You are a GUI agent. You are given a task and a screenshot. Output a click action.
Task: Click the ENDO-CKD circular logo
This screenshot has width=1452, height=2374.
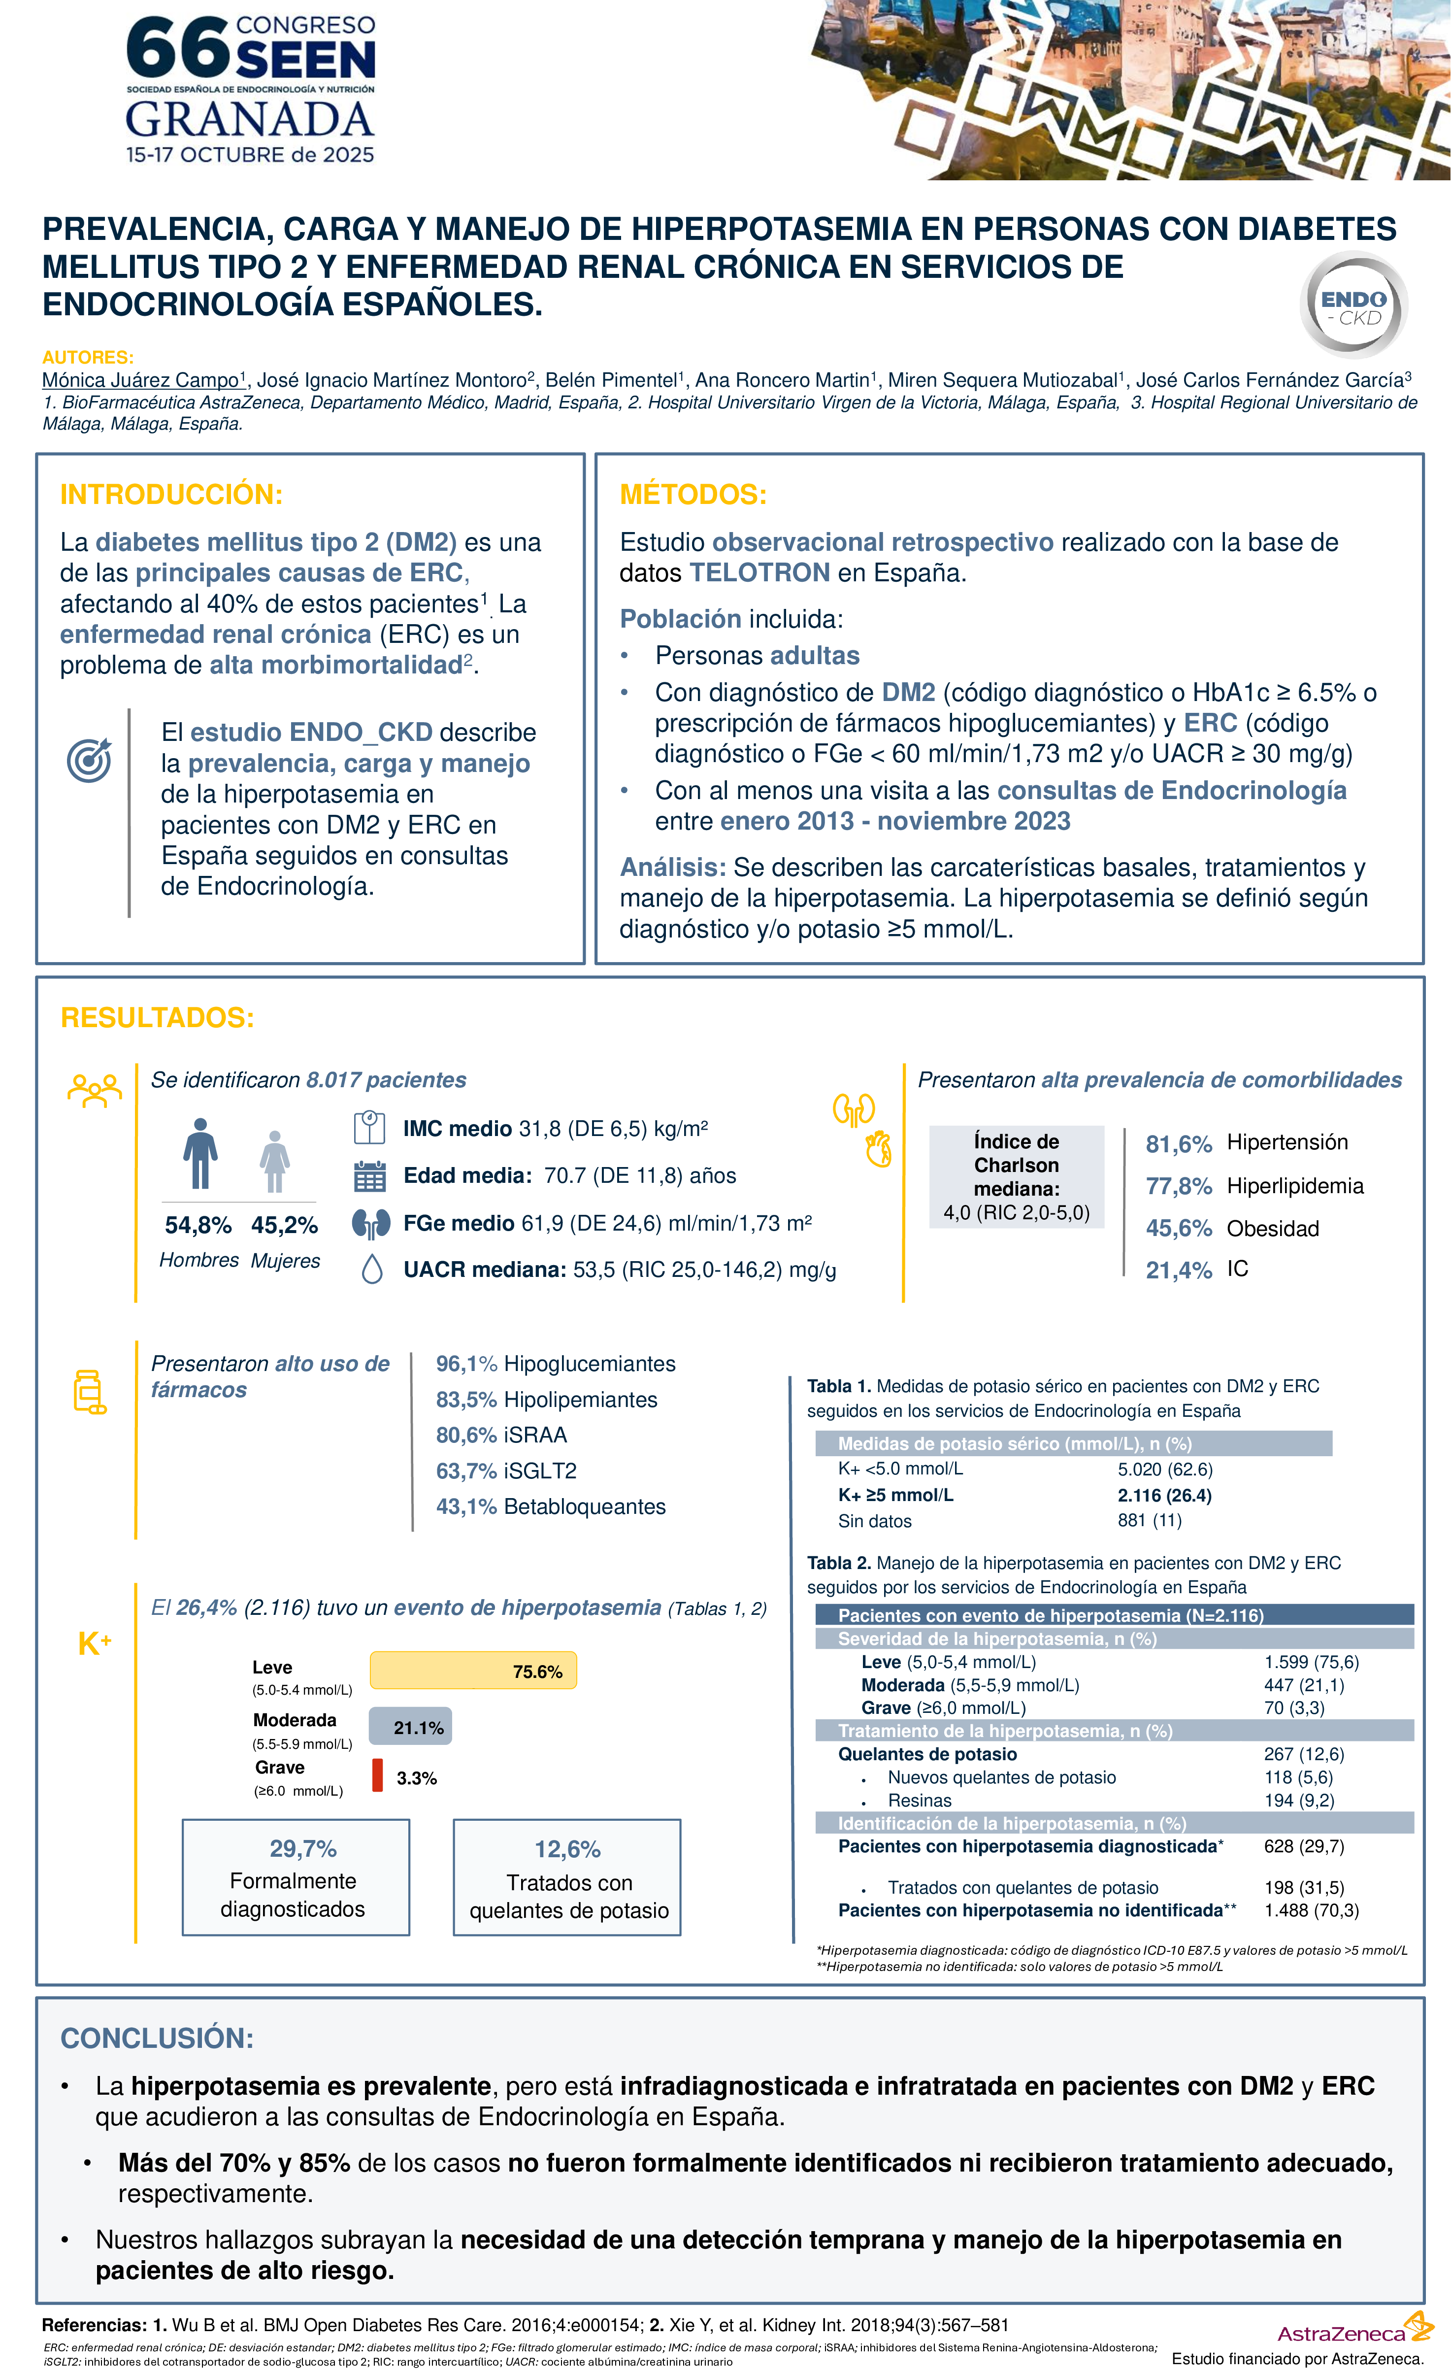point(1353,305)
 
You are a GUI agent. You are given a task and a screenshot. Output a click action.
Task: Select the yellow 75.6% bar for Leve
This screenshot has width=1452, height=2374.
point(472,1671)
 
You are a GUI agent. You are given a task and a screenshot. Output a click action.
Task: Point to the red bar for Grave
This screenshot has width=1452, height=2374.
point(378,1775)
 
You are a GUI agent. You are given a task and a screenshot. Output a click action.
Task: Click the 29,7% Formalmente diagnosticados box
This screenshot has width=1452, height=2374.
point(296,1877)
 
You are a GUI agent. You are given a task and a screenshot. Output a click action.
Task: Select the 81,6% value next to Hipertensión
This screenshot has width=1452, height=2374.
point(1177,1143)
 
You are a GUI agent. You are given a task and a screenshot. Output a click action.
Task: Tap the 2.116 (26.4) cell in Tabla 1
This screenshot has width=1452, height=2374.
point(1164,1495)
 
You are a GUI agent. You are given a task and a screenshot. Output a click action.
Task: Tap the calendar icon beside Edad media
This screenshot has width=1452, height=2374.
point(370,1176)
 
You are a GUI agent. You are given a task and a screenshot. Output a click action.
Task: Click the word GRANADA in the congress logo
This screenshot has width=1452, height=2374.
point(250,120)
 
